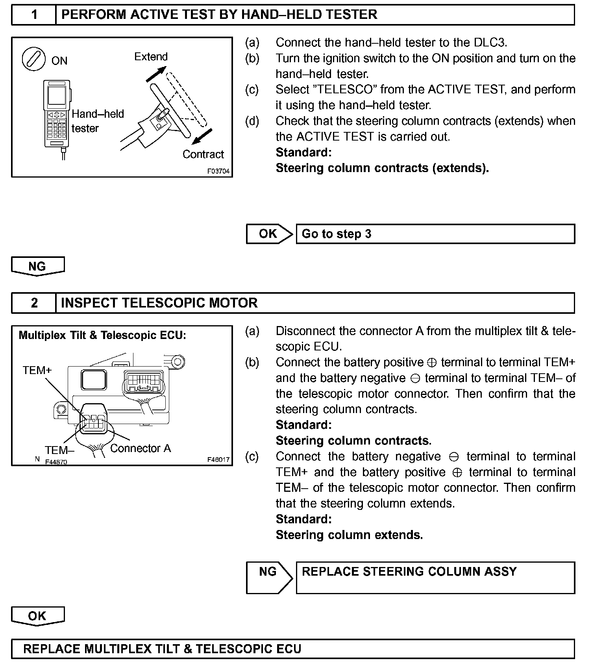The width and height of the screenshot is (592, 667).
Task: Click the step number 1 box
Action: [x=34, y=15]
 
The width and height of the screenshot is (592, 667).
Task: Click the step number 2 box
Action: [x=34, y=303]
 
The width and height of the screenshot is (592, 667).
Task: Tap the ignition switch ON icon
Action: [x=33, y=59]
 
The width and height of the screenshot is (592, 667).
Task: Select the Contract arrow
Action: [x=202, y=137]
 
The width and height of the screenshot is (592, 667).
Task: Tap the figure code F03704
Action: [x=218, y=172]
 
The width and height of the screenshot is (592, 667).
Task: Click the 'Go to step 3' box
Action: [x=435, y=234]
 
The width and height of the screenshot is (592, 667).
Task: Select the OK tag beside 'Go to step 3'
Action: [x=268, y=234]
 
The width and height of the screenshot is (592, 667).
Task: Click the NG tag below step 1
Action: [x=37, y=266]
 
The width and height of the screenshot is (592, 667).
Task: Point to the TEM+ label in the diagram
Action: [x=37, y=370]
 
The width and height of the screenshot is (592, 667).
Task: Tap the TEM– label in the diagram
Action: [x=59, y=450]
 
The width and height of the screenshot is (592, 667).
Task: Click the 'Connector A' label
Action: [x=141, y=448]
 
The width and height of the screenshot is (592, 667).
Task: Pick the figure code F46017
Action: [x=218, y=460]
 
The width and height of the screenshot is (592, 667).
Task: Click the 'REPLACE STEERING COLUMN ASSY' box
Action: [x=435, y=577]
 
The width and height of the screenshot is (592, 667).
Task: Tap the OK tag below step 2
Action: [x=37, y=616]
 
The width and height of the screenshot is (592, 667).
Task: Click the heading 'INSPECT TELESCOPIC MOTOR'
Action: [x=159, y=303]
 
